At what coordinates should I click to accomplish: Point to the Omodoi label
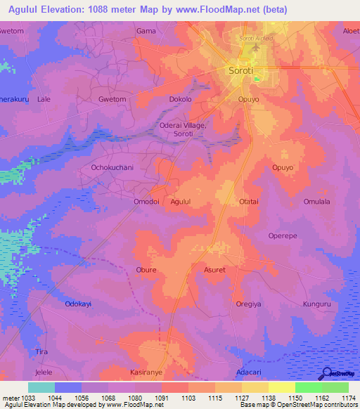tap(137, 202)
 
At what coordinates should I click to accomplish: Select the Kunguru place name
tap(316, 304)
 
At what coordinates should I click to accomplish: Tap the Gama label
tap(146, 32)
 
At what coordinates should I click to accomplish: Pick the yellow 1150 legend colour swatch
tap(281, 387)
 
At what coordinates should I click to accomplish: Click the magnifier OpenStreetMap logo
tap(326, 374)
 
